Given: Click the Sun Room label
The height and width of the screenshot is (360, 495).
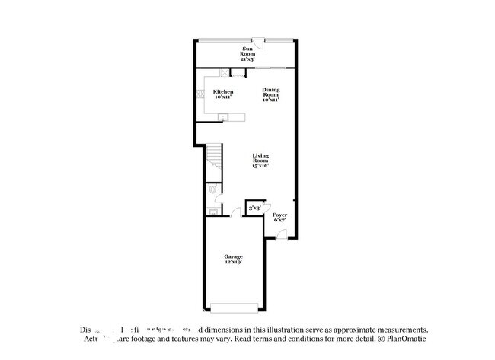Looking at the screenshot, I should [247, 52].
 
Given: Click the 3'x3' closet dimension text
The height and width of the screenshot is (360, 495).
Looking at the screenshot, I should [254, 207].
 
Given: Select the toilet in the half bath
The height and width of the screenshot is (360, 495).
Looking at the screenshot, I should [213, 190].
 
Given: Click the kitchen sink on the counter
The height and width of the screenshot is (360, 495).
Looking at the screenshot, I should [224, 116].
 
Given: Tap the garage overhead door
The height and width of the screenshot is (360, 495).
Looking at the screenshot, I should [233, 307].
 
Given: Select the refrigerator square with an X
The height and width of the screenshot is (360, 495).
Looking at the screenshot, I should [224, 73].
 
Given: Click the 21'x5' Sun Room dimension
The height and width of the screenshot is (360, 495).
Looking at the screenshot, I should [247, 58].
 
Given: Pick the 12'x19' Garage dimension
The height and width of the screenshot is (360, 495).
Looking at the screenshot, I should [232, 263].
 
